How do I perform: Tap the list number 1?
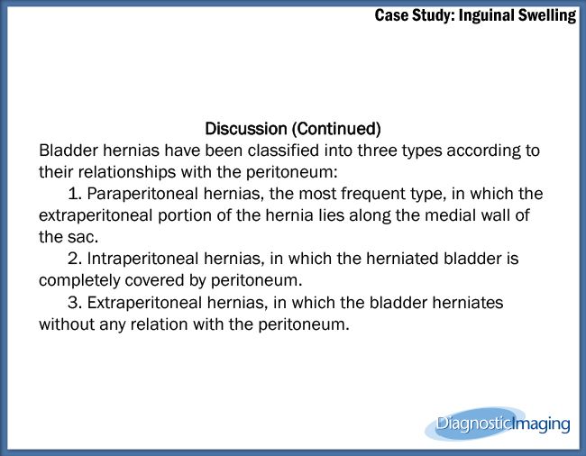(x=74, y=194)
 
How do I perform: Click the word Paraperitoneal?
(x=144, y=194)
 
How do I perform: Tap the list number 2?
(x=74, y=259)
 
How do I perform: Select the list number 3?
(x=74, y=303)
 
